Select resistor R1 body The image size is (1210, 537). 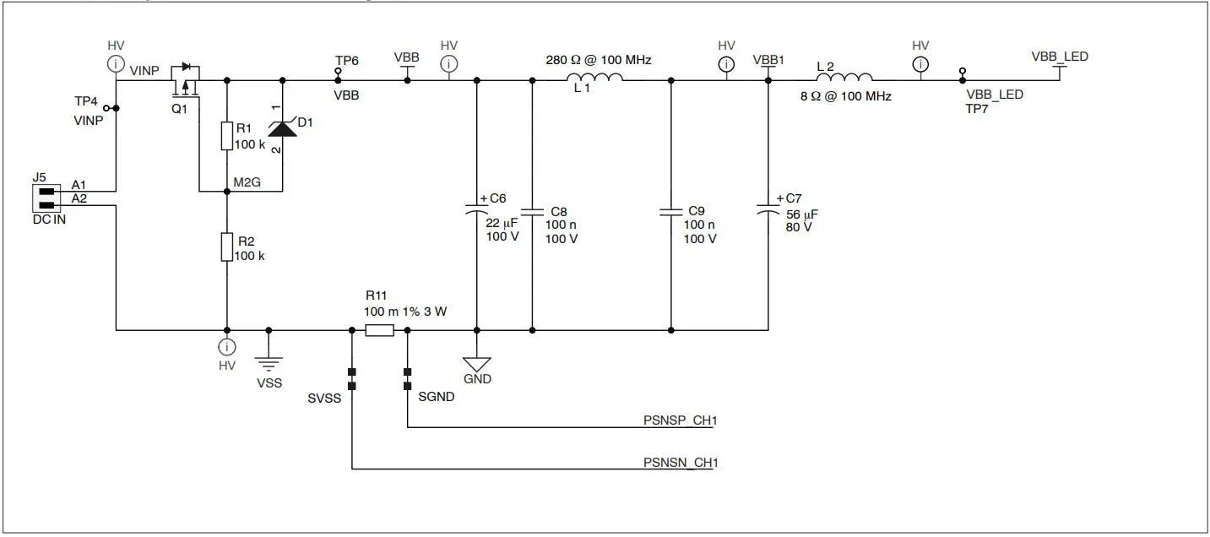pyautogui.click(x=226, y=136)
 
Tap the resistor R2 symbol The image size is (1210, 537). pyautogui.click(x=226, y=247)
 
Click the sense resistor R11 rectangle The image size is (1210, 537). pyautogui.click(x=379, y=331)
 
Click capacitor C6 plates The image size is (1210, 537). pyautogui.click(x=477, y=209)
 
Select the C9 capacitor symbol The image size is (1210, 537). pyautogui.click(x=671, y=211)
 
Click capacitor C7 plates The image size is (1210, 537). pyautogui.click(x=768, y=207)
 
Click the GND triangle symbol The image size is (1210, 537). pyautogui.click(x=477, y=364)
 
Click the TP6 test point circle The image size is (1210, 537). pyautogui.click(x=338, y=72)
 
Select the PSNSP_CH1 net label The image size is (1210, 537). pyautogui.click(x=680, y=420)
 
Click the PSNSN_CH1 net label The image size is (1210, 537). pyautogui.click(x=680, y=463)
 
